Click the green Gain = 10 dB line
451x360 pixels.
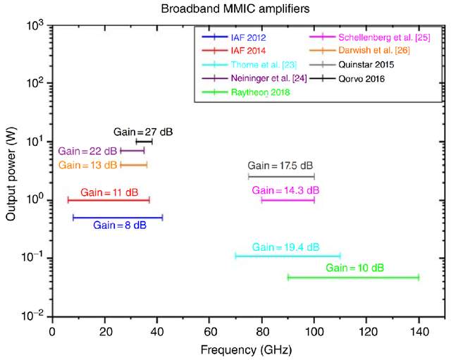353,278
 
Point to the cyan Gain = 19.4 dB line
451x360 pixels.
288,256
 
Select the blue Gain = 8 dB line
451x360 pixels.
118,217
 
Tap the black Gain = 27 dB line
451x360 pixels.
144,142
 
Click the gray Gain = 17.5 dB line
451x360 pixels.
281,176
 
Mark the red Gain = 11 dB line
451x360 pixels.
109,200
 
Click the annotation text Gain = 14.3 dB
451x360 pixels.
285,190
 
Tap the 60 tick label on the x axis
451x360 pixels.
209,330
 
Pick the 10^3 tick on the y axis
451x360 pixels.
35,25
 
